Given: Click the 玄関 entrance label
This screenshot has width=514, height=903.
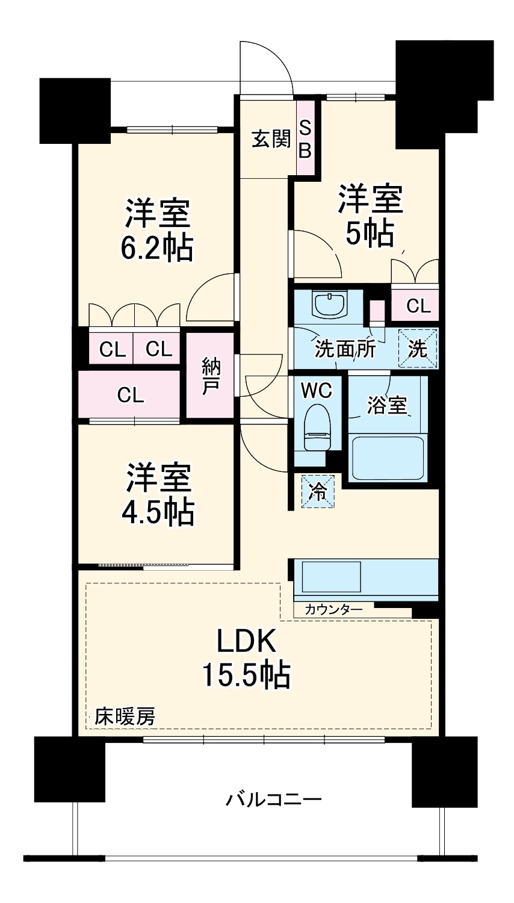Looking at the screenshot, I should click(x=270, y=139).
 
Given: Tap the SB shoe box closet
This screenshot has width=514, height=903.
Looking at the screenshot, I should click(x=305, y=139).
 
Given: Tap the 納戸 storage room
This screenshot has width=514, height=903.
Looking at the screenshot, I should click(x=209, y=376).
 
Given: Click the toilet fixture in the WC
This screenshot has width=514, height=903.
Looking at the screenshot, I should click(x=317, y=427).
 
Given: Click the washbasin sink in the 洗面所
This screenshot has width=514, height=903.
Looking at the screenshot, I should click(x=329, y=304).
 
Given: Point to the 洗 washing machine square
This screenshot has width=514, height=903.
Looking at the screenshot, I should click(x=418, y=349).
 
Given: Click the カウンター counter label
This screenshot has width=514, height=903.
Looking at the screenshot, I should click(x=333, y=610).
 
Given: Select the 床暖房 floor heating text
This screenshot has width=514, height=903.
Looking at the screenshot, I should click(x=125, y=716).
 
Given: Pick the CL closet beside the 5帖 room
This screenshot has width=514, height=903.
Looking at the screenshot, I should click(x=418, y=306).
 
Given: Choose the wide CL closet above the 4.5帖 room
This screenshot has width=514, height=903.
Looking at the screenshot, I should click(x=130, y=395).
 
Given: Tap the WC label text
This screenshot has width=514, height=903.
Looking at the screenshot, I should click(x=316, y=391).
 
